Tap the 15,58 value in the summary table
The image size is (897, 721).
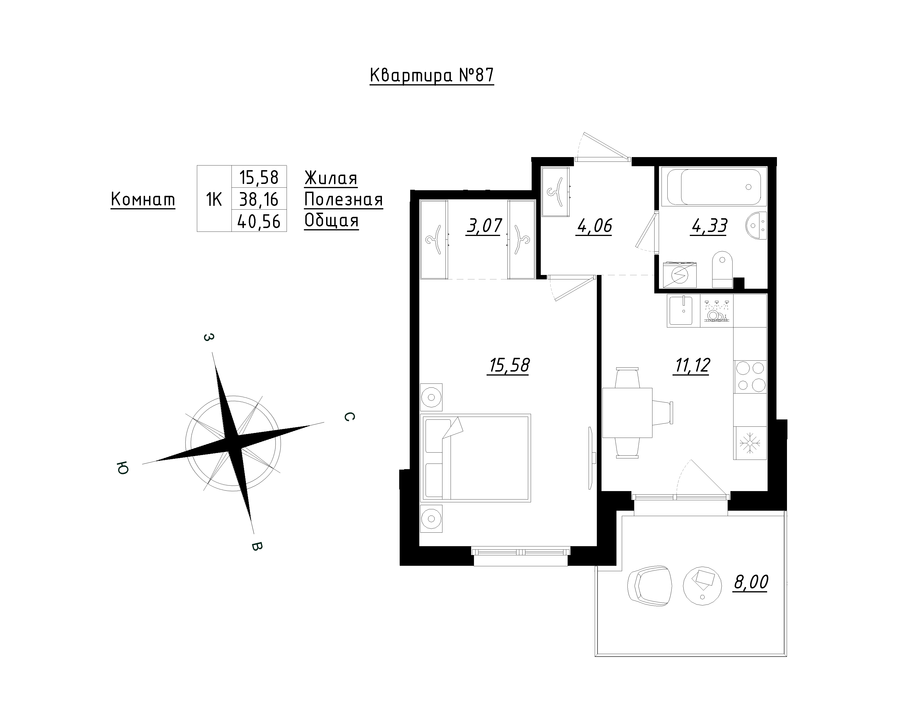259,177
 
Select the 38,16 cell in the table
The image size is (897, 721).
259,200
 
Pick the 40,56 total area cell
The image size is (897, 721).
259,222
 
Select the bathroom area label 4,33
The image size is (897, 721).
709,226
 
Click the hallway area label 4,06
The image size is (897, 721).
594,226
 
